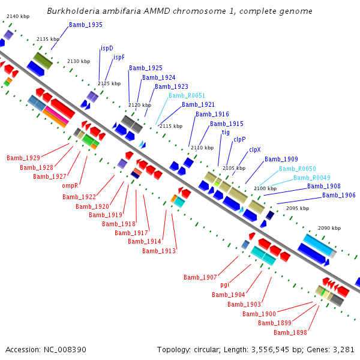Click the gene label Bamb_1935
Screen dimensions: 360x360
tap(86, 25)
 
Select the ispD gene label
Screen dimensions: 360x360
tap(107, 48)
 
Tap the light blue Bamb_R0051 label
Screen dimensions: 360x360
tap(187, 95)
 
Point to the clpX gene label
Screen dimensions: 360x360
tap(255, 149)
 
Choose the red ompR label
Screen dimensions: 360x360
tap(70, 185)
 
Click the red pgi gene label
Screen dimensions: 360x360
tap(225, 285)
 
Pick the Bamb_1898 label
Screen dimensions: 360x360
tap(290, 332)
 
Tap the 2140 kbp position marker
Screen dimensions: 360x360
tap(18, 16)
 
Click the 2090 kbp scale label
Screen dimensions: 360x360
tap(329, 228)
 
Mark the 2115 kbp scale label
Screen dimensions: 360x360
tap(171, 126)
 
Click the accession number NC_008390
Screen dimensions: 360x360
tap(65, 350)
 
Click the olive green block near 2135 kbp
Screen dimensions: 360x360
tap(43, 61)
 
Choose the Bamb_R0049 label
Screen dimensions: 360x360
tap(312, 178)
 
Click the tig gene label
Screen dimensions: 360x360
tap(226, 133)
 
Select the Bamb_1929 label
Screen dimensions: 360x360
tap(23, 158)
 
